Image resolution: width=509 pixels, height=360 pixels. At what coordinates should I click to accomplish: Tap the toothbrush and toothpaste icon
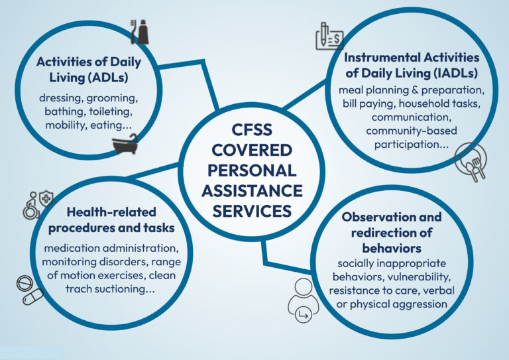(x=140, y=31)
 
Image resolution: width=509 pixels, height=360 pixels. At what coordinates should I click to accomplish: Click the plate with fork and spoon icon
(x=471, y=161)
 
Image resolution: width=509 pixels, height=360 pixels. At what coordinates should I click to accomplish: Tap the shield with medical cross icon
(x=46, y=198)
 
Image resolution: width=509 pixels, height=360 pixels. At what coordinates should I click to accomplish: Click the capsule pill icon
(x=32, y=297)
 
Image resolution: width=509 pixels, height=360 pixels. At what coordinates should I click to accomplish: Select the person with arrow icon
(x=303, y=300)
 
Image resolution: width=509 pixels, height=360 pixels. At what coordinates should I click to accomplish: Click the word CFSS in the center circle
(x=252, y=130)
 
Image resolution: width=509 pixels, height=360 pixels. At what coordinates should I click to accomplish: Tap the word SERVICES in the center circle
(x=252, y=211)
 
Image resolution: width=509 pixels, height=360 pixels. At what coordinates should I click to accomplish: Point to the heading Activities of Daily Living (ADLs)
(x=89, y=70)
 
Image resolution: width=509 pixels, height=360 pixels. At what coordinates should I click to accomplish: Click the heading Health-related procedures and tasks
(x=111, y=219)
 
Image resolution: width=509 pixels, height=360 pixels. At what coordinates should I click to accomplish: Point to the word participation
(x=412, y=145)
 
